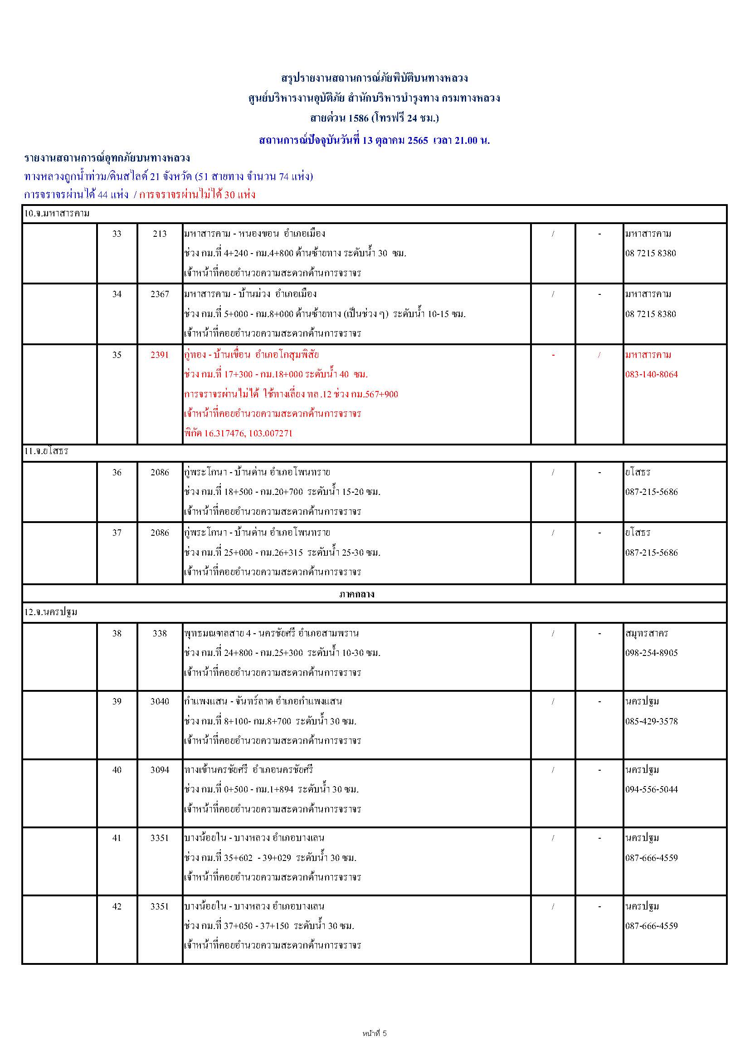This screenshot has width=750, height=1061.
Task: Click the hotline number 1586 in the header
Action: pyautogui.click(x=358, y=118)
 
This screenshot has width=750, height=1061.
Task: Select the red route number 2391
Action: pyautogui.click(x=160, y=355)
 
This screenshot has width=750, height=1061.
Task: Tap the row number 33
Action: pyautogui.click(x=117, y=234)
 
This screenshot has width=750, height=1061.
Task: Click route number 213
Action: pyautogui.click(x=160, y=234)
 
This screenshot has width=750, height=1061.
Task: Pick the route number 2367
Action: pyautogui.click(x=160, y=294)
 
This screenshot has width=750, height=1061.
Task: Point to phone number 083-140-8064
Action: pyautogui.click(x=652, y=374)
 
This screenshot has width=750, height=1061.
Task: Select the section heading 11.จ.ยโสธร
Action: pyautogui.click(x=46, y=451)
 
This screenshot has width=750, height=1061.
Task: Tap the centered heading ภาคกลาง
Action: pyautogui.click(x=356, y=594)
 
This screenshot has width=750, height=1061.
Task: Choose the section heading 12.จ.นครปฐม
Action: pyautogui.click(x=51, y=612)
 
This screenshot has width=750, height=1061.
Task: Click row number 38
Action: pyautogui.click(x=117, y=634)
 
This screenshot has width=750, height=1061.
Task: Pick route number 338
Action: pyautogui.click(x=160, y=634)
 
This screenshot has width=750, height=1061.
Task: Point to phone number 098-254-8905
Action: pyautogui.click(x=652, y=653)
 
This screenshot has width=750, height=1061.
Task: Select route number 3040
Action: pyautogui.click(x=160, y=701)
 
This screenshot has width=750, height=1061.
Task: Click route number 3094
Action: pyautogui.click(x=160, y=770)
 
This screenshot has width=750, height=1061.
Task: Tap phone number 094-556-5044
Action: pyautogui.click(x=652, y=789)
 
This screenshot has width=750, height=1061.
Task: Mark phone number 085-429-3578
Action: pyautogui.click(x=652, y=721)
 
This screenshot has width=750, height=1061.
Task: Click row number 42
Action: pyautogui.click(x=117, y=906)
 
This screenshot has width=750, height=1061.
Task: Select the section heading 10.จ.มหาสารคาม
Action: pyautogui.click(x=57, y=214)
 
